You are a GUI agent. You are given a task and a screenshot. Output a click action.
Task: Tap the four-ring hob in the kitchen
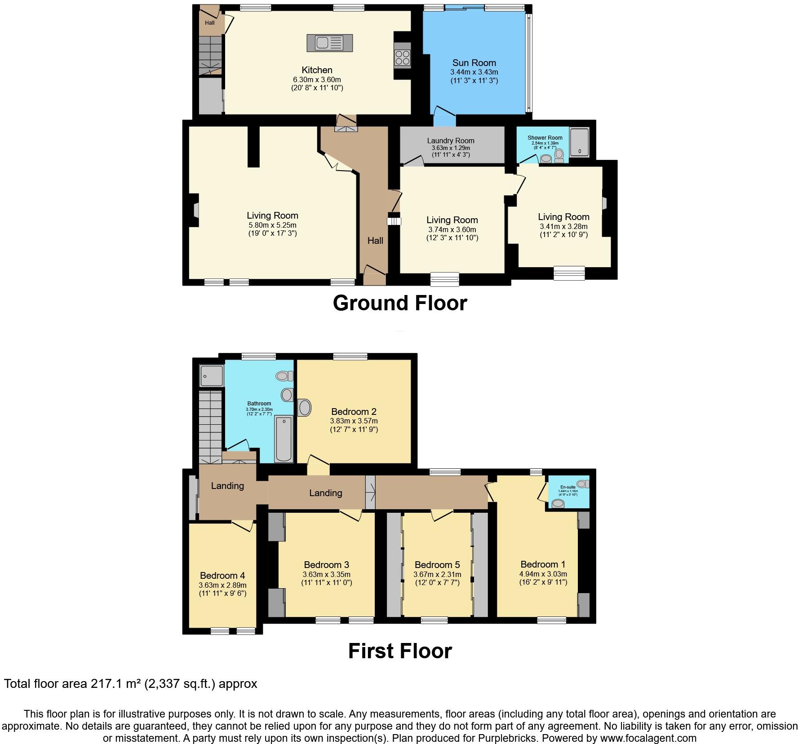[x=402, y=57]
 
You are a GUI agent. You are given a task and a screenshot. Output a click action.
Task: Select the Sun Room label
[x=474, y=63]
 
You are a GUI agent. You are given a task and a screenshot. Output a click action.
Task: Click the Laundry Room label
[x=451, y=141]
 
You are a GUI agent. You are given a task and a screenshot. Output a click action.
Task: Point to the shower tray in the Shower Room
[x=580, y=141]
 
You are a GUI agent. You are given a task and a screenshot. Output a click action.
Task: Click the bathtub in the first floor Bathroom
[x=284, y=439]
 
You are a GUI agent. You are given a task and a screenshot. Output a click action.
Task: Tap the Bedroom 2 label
[x=354, y=411]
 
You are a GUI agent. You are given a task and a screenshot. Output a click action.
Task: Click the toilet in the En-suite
[x=582, y=484]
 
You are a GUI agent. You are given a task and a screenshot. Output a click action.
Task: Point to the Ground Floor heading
[x=399, y=303]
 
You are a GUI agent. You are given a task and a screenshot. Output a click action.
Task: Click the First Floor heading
[x=399, y=651]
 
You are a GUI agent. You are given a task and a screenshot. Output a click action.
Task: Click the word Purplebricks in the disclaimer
[x=510, y=738]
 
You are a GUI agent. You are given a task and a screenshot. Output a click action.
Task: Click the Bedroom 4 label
[x=222, y=576]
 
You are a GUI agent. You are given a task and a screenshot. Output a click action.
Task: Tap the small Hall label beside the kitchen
[x=210, y=23]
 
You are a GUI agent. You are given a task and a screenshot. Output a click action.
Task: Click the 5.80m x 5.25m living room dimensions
[x=272, y=225]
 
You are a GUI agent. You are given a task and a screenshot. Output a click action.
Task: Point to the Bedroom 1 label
[x=543, y=564]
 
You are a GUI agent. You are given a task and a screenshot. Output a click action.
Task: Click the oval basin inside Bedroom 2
[x=305, y=408]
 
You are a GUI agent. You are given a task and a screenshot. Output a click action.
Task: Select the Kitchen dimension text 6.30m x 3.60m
[x=317, y=79]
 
